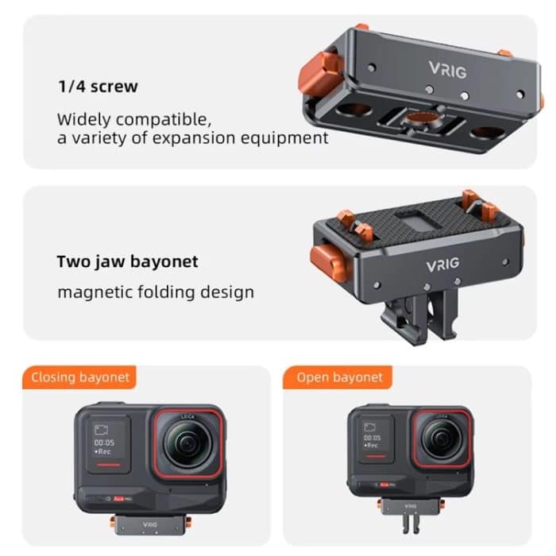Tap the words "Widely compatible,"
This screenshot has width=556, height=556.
pyautogui.click(x=133, y=120)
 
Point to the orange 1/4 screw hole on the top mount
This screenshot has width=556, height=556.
pyautogui.click(x=415, y=118)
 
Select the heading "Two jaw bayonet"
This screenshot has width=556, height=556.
pyautogui.click(x=127, y=261)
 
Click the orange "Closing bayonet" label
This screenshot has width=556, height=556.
pyautogui.click(x=79, y=376)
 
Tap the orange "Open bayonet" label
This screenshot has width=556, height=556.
pyautogui.click(x=339, y=376)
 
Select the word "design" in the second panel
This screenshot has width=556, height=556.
pyautogui.click(x=226, y=292)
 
